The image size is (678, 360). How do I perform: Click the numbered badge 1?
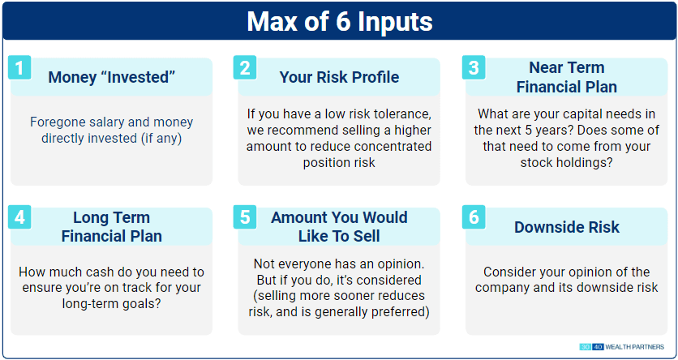tap(19, 67)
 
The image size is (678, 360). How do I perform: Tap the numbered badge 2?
tap(245, 67)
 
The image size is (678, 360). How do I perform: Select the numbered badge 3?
tap(474, 67)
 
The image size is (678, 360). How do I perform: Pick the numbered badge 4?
tap(19, 217)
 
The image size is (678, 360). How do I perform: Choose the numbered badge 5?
tap(245, 217)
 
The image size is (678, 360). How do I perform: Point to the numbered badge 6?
tap(474, 217)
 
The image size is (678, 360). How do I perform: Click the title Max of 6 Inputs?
tap(340, 21)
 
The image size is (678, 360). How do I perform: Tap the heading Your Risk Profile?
tap(339, 77)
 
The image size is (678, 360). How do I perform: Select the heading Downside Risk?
tap(566, 227)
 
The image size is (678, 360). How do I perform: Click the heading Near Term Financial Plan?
tap(566, 77)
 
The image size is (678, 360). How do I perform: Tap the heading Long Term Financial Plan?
tap(112, 227)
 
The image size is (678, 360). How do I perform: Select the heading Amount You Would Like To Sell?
tap(339, 227)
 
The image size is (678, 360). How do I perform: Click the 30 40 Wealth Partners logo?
tap(622, 347)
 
